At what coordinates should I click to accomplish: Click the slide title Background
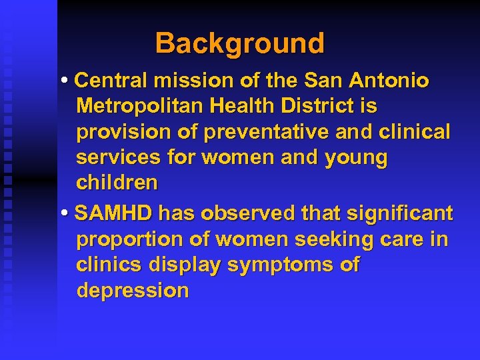pos(240,44)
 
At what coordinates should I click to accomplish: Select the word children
pos(117,183)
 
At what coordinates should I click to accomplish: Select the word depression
pos(133,291)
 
